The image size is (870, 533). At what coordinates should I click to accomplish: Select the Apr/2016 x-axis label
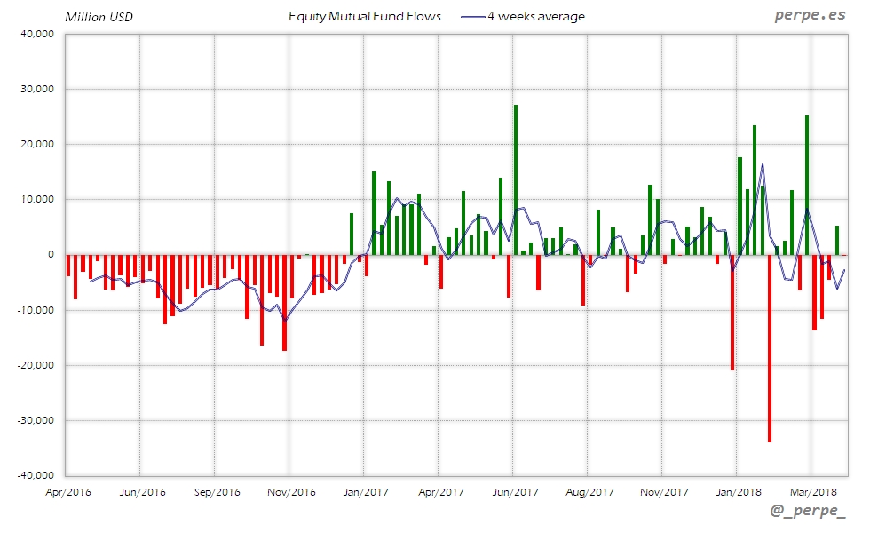tap(67, 492)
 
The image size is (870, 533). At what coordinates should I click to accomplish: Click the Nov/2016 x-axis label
tap(291, 492)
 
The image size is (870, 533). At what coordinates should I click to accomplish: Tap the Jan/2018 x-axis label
tap(739, 492)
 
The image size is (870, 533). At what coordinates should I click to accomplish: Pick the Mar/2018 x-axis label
tap(813, 492)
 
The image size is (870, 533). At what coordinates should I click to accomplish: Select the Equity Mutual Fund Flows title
tap(365, 17)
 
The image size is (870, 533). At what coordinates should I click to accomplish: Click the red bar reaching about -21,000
tap(732, 312)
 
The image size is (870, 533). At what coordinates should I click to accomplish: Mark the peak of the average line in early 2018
tap(762, 164)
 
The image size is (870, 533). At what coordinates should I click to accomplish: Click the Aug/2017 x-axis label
tap(589, 492)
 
